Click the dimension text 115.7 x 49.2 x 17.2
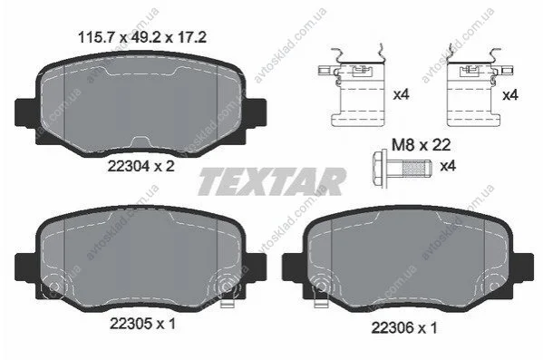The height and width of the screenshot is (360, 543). click(x=142, y=37)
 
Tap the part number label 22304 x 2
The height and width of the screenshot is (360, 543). click(x=141, y=167)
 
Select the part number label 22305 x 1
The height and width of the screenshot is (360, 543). click(x=142, y=324)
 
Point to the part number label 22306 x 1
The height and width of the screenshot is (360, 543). click(x=404, y=327)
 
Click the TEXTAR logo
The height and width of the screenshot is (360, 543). click(x=272, y=181)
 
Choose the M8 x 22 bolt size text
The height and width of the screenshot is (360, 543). click(x=422, y=145)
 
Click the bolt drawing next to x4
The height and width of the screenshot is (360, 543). click(x=402, y=169)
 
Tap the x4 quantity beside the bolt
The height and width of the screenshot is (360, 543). click(x=448, y=166)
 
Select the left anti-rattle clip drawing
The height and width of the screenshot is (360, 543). click(x=352, y=85)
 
